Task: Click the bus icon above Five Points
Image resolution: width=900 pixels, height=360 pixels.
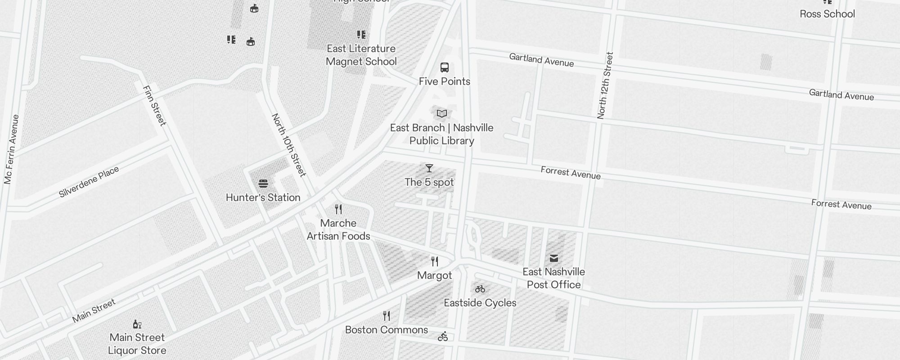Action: (445, 68)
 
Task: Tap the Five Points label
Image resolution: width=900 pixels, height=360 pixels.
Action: (445, 81)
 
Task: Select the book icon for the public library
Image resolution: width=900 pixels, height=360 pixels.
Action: (442, 113)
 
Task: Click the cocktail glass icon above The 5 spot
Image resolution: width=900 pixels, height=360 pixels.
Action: (429, 168)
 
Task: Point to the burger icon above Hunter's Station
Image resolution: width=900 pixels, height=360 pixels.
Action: (263, 184)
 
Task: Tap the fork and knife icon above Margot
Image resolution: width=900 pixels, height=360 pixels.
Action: (435, 261)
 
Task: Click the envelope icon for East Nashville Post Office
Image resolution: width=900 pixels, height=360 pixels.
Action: (554, 258)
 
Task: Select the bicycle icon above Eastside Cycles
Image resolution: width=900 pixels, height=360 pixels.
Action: (480, 289)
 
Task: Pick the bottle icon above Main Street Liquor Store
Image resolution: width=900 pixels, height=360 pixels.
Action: (137, 324)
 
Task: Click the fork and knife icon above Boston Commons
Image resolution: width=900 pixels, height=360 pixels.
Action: (387, 316)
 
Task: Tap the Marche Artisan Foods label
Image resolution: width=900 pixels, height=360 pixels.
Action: (338, 229)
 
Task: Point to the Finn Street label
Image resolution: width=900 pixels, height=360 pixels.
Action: (154, 106)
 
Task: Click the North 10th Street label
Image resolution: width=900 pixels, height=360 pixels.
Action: (289, 145)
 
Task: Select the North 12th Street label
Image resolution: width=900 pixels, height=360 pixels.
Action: (605, 85)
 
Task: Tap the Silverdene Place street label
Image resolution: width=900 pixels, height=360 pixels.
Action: (89, 182)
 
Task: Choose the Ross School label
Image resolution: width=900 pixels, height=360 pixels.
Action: (827, 14)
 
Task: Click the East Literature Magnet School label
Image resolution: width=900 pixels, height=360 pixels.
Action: (361, 55)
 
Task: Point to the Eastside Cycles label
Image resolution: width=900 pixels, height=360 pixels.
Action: (480, 303)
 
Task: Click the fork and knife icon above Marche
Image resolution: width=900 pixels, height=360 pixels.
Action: (338, 209)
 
